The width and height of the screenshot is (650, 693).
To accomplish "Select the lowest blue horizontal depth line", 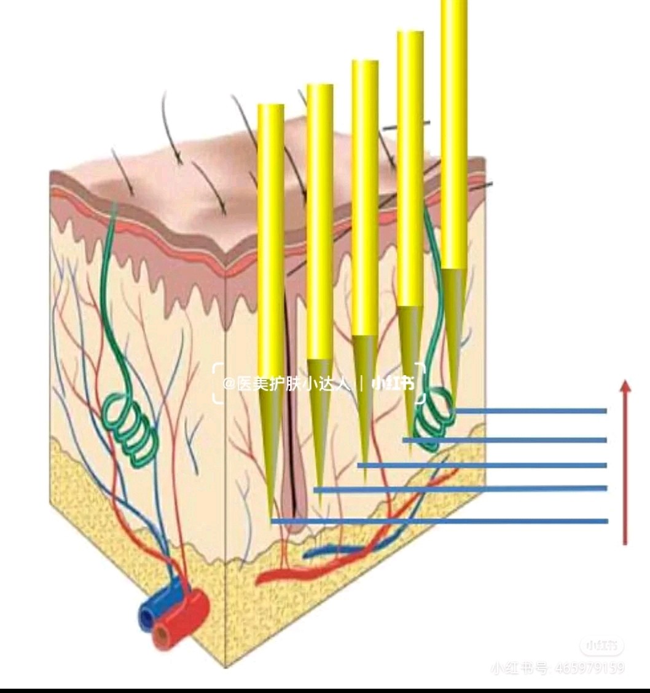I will (x=439, y=521).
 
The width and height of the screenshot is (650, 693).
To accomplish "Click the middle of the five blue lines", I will (x=482, y=465).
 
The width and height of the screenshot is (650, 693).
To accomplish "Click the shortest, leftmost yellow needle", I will (x=270, y=246).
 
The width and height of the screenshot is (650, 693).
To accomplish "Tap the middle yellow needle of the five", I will (x=365, y=197).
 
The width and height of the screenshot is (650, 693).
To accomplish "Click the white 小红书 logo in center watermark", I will (x=393, y=384).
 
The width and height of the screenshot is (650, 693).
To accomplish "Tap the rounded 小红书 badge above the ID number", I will (x=601, y=646).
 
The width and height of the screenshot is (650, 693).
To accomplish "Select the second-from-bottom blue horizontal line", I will (x=460, y=489).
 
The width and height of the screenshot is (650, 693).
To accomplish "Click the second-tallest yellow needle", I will (x=410, y=166).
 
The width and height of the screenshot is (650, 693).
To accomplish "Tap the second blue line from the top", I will (x=504, y=440).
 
